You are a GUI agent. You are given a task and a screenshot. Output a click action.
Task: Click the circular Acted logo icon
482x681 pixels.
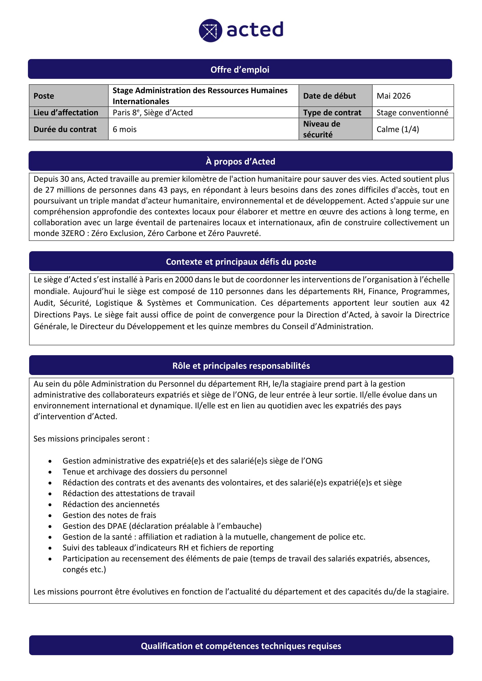[x=210, y=31]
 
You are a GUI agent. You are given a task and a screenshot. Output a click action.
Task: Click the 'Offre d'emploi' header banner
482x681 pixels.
[x=240, y=69]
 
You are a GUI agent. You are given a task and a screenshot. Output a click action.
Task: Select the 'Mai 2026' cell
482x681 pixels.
[x=393, y=96]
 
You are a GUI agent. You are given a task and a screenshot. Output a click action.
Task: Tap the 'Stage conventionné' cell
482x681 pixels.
[x=412, y=113]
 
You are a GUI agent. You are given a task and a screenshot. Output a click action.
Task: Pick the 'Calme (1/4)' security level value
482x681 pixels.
[x=398, y=129]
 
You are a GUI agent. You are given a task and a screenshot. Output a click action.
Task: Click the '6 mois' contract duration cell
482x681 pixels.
[x=125, y=129]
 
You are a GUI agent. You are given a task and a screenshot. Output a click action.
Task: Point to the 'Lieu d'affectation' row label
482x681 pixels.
[x=66, y=113]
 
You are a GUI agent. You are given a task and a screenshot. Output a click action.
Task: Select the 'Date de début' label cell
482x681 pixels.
[x=330, y=96]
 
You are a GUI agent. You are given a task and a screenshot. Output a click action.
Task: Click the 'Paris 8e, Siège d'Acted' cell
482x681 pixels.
[x=152, y=113]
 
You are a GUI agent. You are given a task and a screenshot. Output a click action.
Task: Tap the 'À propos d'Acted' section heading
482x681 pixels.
[x=240, y=161]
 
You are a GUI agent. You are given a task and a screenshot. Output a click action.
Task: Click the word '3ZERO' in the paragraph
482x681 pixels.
[x=73, y=234]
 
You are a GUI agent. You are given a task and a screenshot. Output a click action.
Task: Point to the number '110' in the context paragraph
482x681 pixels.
[x=216, y=291]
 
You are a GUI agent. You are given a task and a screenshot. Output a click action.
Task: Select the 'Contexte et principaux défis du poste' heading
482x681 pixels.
[x=241, y=262]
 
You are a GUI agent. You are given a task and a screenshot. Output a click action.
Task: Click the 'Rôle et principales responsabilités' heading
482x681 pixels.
[x=241, y=366]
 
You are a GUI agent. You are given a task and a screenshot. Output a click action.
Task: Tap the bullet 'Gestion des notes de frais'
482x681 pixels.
[x=109, y=515]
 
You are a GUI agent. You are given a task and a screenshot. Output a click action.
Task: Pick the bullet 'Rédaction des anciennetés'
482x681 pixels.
[x=111, y=504]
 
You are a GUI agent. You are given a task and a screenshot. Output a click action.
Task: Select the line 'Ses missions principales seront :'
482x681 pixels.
[x=92, y=439]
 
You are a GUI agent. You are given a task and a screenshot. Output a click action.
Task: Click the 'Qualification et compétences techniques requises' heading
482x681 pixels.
[x=241, y=646]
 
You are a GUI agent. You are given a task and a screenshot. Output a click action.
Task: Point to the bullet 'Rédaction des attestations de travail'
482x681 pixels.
[x=129, y=493]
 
